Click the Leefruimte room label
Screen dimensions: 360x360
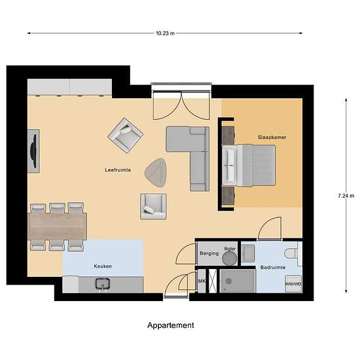[118, 170]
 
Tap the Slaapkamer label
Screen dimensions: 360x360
[272, 137]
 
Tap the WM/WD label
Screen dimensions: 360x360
[293, 284]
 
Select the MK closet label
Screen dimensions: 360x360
[202, 281]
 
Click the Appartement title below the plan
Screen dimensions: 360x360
[170, 325]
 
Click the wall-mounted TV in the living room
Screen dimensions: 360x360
[33, 149]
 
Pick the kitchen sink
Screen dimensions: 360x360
[103, 283]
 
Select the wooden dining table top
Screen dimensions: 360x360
[58, 226]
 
